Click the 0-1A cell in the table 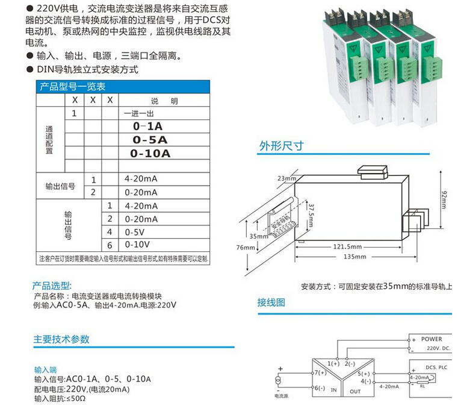coord(147,126)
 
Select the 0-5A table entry coord(149,140)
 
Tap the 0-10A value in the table coord(150,153)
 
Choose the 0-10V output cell coord(136,245)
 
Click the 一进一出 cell coord(139,113)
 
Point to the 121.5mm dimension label coord(347,246)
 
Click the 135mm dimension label coord(354,257)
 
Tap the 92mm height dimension coord(444,196)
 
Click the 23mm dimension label coord(286,179)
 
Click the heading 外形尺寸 coord(280,146)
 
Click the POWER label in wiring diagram coord(431,339)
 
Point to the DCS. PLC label coord(435,367)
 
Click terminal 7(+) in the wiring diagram coord(320,373)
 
